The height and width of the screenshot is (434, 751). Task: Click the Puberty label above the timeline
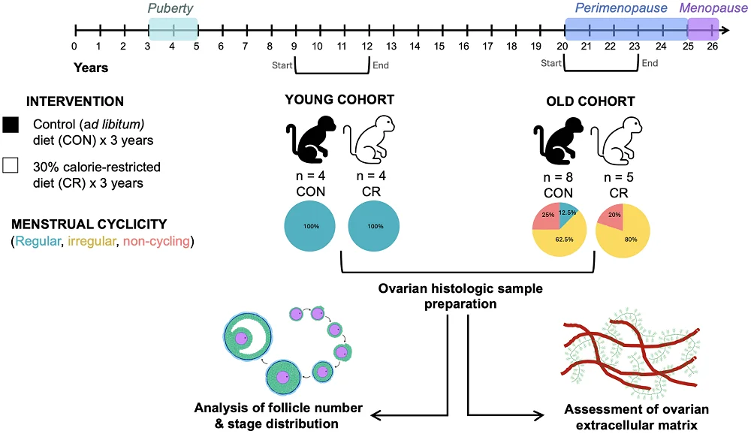point(173,9)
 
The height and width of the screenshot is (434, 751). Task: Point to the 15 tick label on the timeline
point(439,47)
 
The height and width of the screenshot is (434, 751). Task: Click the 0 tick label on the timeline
point(74,47)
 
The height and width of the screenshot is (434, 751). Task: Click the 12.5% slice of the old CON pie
point(567,212)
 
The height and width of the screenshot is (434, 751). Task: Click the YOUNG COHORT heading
point(339,101)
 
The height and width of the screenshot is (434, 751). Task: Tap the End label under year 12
point(381,65)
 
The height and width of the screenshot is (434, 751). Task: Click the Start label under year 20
point(551,63)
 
